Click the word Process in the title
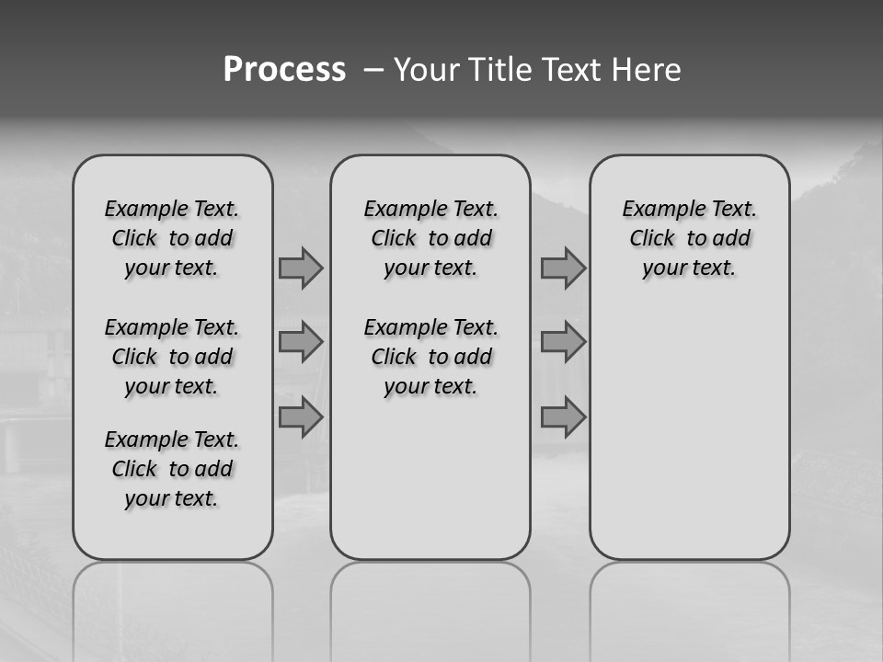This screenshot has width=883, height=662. (x=284, y=70)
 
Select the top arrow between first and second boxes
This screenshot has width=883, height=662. (x=300, y=268)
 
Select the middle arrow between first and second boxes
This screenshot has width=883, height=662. (x=300, y=342)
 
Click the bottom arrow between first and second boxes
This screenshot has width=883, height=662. (x=300, y=417)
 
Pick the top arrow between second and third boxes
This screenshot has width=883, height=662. (x=563, y=268)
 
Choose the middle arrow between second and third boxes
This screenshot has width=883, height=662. (x=563, y=342)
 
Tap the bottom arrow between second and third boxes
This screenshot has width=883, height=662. (x=563, y=417)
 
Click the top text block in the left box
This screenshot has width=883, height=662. (x=172, y=238)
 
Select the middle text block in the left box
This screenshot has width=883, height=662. (x=172, y=357)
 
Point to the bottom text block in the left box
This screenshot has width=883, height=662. (x=172, y=469)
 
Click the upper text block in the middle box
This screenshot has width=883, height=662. (x=430, y=238)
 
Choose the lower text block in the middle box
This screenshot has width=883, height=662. (x=430, y=357)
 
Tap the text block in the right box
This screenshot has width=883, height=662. (x=690, y=238)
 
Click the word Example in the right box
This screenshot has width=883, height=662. (x=658, y=209)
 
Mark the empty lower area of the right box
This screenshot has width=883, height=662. (x=690, y=423)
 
